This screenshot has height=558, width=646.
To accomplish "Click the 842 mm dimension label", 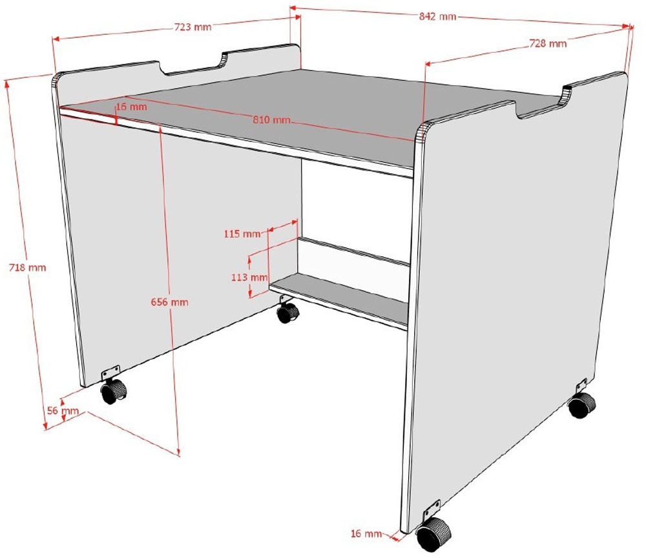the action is pyautogui.click(x=437, y=17).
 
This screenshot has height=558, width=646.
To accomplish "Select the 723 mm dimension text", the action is pyautogui.click(x=193, y=27).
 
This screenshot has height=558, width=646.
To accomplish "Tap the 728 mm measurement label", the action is pyautogui.click(x=548, y=43).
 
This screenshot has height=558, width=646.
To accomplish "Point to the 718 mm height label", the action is pyautogui.click(x=28, y=267).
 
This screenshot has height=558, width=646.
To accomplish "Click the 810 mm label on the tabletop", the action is pyautogui.click(x=271, y=120).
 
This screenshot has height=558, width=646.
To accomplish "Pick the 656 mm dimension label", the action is pyautogui.click(x=169, y=302).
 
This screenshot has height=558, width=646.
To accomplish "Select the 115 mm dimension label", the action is pyautogui.click(x=242, y=234).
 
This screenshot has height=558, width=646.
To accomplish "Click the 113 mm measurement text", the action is pyautogui.click(x=249, y=277).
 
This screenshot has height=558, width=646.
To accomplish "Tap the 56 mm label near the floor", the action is pyautogui.click(x=63, y=411).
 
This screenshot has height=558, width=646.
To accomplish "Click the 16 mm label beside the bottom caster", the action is pyautogui.click(x=366, y=533).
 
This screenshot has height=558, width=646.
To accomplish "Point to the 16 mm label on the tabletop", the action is pyautogui.click(x=131, y=107).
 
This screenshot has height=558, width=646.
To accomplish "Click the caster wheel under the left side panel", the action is pyautogui.click(x=114, y=391).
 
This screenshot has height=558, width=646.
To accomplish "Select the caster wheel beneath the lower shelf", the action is pyautogui.click(x=287, y=313).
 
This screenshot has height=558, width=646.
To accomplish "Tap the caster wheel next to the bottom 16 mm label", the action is pyautogui.click(x=433, y=534).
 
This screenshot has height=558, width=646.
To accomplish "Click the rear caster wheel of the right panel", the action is pyautogui.click(x=582, y=405).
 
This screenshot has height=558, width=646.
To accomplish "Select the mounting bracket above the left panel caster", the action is pyautogui.click(x=111, y=373).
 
